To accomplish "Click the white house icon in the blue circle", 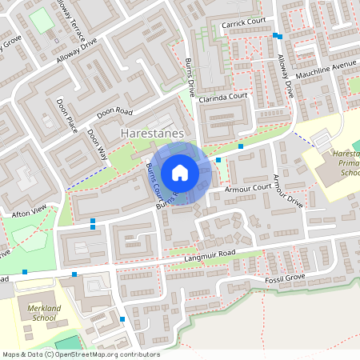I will [x=180, y=172].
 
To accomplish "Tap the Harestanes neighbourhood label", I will [x=153, y=132].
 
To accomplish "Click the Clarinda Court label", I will [x=225, y=98].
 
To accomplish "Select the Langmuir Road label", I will [x=213, y=254].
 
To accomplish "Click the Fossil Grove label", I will [x=286, y=277].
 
